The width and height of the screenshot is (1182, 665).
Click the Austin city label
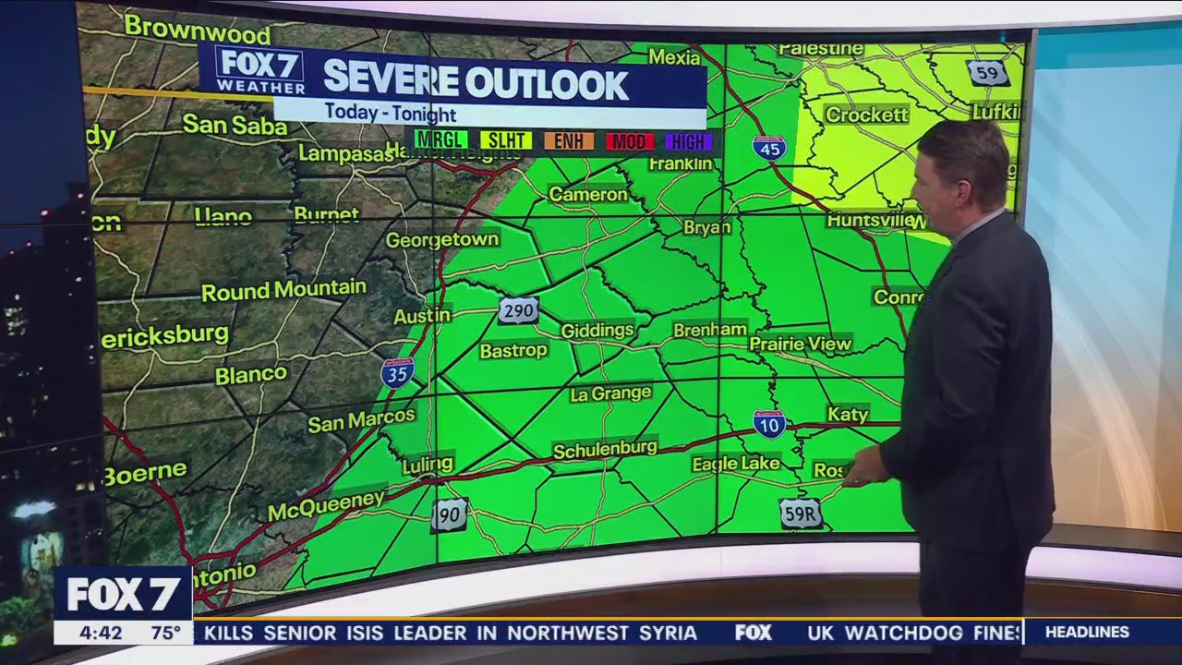pyautogui.click(x=422, y=316)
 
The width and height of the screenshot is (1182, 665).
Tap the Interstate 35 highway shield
pyautogui.click(x=397, y=371)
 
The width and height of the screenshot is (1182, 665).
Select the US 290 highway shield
pyautogui.click(x=518, y=310)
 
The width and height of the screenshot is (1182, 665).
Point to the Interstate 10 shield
pyautogui.click(x=768, y=423)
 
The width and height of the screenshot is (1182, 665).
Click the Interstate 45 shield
pyautogui.click(x=768, y=148)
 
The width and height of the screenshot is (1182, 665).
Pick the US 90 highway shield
pyautogui.click(x=449, y=514)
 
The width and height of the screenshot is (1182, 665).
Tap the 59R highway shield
pyautogui.click(x=800, y=514)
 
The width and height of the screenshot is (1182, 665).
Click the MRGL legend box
pyautogui.click(x=440, y=140)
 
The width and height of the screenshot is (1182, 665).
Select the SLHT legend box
pyautogui.click(x=505, y=140)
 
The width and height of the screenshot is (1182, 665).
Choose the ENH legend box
pyautogui.click(x=568, y=140)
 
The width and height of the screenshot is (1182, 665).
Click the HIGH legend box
pyautogui.click(x=688, y=140)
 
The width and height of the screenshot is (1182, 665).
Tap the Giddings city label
pyautogui.click(x=597, y=330)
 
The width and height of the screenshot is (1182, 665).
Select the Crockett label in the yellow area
pyautogui.click(x=866, y=115)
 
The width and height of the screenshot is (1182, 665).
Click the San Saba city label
pyautogui.click(x=235, y=125)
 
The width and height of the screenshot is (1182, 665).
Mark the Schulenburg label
pyautogui.click(x=605, y=450)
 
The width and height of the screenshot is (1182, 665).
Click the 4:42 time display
pyautogui.click(x=101, y=634)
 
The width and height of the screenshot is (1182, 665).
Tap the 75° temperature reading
pyautogui.click(x=166, y=634)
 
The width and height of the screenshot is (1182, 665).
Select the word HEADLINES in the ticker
pyautogui.click(x=1087, y=633)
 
